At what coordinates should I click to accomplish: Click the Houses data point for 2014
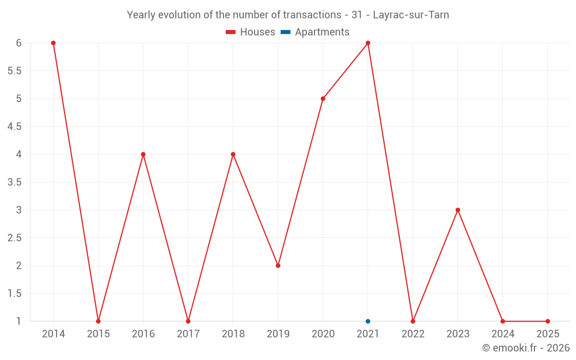click(53, 43)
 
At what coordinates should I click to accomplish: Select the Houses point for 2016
click(143, 154)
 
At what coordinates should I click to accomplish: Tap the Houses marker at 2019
click(278, 266)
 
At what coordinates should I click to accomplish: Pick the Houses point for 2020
click(323, 98)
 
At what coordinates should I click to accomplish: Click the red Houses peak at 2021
click(367, 43)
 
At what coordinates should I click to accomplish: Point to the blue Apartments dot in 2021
click(367, 321)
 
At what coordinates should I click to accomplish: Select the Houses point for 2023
click(458, 210)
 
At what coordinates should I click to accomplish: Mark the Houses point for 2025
click(548, 321)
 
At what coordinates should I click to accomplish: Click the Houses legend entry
click(251, 32)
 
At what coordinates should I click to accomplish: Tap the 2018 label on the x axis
click(233, 334)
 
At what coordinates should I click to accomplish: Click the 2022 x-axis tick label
click(413, 334)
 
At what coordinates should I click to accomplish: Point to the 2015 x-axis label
click(98, 334)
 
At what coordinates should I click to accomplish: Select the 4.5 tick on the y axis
click(14, 127)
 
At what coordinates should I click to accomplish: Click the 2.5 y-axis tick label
click(14, 238)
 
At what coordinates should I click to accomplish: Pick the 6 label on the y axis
click(19, 43)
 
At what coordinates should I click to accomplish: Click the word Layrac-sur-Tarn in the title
click(411, 15)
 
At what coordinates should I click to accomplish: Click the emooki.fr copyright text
click(526, 348)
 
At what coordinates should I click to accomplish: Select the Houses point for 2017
click(188, 321)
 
